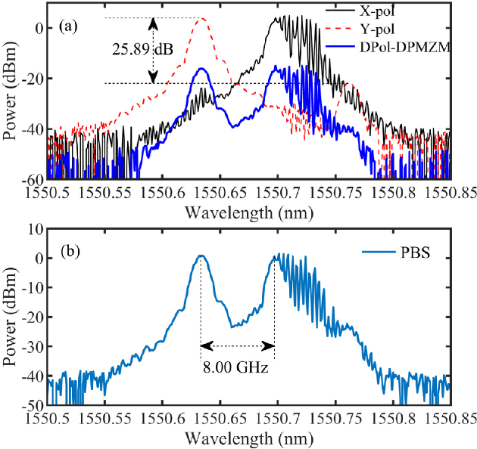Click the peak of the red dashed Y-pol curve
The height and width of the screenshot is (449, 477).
coord(201,19)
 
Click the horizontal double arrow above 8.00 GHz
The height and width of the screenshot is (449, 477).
coord(238,346)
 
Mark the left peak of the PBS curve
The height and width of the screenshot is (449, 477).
coord(201,255)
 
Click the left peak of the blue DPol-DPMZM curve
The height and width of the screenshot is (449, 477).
coord(201,68)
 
